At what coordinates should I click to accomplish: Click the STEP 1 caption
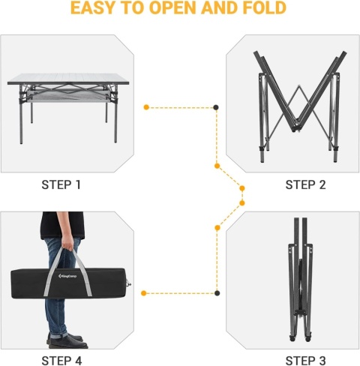tap(61, 185)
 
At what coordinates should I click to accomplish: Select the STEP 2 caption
tap(305, 185)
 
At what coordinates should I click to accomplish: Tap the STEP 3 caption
tap(305, 361)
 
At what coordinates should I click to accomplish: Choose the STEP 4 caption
tap(61, 361)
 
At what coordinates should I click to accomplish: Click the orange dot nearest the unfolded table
tap(146, 107)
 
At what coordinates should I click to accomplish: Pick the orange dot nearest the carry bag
tap(143, 293)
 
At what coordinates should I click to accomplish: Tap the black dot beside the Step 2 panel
tap(216, 107)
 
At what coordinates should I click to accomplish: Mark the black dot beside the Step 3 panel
tap(217, 293)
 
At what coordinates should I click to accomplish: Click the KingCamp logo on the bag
tap(67, 276)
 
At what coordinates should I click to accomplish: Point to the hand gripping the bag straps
tap(67, 242)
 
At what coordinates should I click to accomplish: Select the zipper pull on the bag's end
tap(129, 283)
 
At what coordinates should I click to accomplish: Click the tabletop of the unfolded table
tap(68, 79)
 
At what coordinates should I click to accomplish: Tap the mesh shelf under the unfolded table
tap(67, 97)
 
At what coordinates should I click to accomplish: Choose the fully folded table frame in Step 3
tap(300, 280)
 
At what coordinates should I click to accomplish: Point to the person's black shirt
tap(62, 225)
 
